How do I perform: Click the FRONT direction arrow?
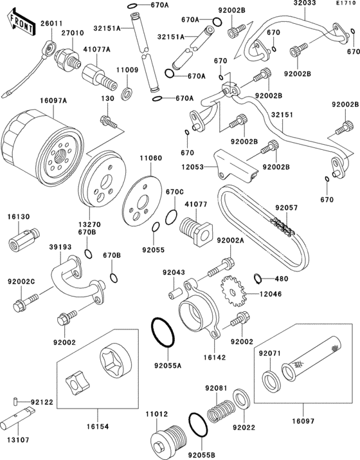coord(21,23)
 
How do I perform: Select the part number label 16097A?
coord(53,100)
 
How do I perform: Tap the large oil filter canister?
coord(42,149)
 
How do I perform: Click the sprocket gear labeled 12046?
coord(233,291)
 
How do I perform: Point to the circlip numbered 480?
coord(258,279)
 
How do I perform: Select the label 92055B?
coord(201,455)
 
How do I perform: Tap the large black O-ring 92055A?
coord(163,332)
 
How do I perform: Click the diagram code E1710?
coord(346,3)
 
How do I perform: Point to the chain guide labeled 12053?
coord(235,167)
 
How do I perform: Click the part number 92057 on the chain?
coord(286,208)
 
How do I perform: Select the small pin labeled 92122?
coord(15,401)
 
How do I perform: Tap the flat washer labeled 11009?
coord(127,93)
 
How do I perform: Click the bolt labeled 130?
coord(109,122)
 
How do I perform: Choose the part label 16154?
coord(97,427)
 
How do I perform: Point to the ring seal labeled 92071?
coord(271,381)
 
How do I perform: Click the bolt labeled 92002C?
coord(26,302)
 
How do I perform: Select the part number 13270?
coord(89,225)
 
